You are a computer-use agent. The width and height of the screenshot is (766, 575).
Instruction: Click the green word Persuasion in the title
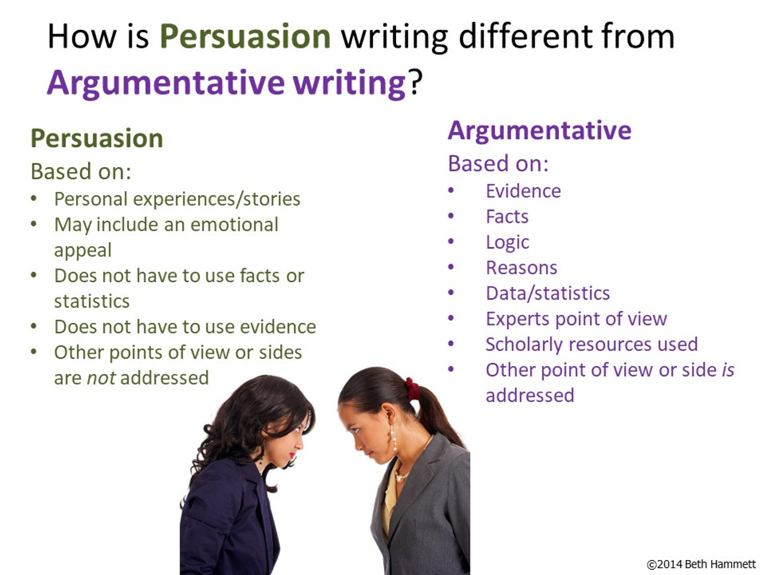pos(245,37)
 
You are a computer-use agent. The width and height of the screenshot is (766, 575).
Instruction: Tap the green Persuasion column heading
pos(96,138)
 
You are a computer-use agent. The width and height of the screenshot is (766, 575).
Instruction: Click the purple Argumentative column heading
pos(539,131)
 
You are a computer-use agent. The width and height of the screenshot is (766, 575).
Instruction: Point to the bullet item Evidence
pos(523,191)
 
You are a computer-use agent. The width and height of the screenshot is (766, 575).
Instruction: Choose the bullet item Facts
pos(507,217)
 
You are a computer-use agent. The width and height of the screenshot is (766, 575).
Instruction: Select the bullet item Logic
pos(507,243)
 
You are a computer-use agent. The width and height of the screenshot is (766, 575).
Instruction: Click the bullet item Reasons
pos(521,268)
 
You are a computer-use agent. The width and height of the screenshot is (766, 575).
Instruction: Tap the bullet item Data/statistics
pos(548,293)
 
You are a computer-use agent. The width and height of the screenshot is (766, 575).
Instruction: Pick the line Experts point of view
pos(576,319)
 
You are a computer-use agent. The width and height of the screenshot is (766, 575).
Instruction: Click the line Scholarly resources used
pos(591,344)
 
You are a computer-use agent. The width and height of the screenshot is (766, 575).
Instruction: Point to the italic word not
pos(101,378)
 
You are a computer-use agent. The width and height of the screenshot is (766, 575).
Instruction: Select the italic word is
pos(728,370)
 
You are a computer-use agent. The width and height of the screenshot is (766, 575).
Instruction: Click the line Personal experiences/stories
pos(177,199)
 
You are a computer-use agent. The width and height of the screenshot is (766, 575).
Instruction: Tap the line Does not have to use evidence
pos(185,327)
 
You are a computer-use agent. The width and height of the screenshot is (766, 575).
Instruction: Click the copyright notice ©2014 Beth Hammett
pos(701,564)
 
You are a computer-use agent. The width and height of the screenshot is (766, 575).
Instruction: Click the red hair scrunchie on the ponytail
pos(412,389)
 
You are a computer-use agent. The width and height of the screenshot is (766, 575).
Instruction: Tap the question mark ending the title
pos(415,83)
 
